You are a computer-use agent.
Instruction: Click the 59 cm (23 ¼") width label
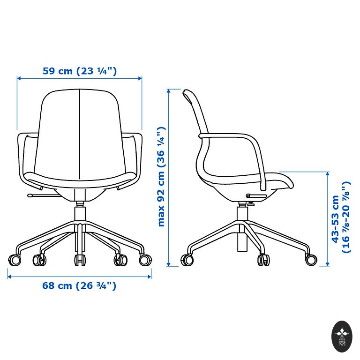coord(80,71)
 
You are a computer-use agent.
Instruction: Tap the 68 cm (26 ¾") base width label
coord(79,285)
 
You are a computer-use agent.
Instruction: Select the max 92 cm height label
coord(161,177)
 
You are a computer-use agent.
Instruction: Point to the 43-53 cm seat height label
coord(341,217)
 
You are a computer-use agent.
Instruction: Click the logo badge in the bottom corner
coord(342,337)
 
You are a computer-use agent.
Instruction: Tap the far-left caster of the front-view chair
coord(15,260)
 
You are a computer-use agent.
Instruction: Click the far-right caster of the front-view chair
coord(145,260)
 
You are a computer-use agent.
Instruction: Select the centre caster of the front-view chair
coord(80,260)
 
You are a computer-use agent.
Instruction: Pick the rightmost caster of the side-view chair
coord(311,260)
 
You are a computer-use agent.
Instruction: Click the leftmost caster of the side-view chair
coord(187,260)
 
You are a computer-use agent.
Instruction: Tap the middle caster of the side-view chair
coord(263,260)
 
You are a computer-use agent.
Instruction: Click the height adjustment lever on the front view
coord(44,195)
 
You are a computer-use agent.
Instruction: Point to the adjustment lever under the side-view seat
coord(256,196)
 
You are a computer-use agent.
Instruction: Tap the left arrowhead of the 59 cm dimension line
coord(19,78)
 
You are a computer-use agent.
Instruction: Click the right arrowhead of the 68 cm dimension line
coord(149,277)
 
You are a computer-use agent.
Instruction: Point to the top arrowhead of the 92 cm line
coord(169,91)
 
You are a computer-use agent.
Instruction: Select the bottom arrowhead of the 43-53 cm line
coord(328,264)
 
